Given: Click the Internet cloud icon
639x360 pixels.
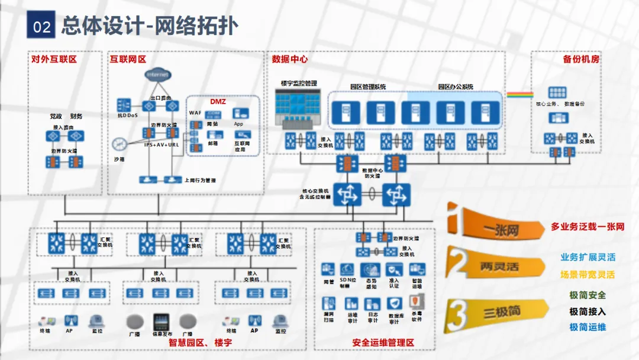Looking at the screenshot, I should point(157,75).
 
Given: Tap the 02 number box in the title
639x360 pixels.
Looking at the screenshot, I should point(41,27).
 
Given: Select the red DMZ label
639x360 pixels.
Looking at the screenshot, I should point(218,102).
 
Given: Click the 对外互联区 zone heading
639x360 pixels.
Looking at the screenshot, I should point(54,59).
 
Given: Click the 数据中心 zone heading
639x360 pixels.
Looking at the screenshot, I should point(290,59).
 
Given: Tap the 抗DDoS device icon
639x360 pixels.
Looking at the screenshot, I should point(124,104).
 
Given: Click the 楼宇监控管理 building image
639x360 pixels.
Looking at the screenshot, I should point(298,110).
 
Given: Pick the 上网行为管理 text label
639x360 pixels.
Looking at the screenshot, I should point(200,180).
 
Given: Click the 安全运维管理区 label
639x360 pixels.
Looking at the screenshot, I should point(383,343).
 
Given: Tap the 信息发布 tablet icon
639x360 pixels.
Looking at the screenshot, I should point(162,322).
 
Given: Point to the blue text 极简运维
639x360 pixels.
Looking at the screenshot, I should point(588,327).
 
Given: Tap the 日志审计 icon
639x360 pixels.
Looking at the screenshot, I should point(373,304).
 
